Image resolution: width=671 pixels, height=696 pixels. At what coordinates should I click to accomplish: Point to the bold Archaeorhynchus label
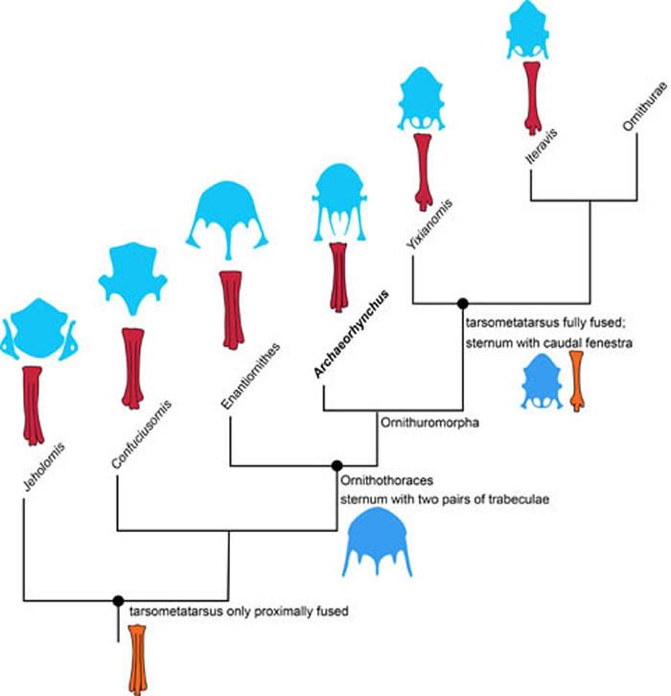(347, 334)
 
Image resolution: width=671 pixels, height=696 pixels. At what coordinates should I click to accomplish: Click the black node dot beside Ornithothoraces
(335, 465)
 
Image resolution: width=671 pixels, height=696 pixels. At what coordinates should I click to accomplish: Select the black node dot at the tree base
(118, 601)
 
